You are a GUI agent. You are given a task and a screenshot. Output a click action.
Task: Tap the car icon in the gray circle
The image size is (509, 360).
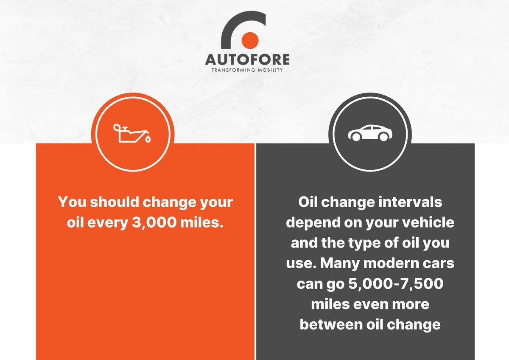[x=370, y=133]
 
